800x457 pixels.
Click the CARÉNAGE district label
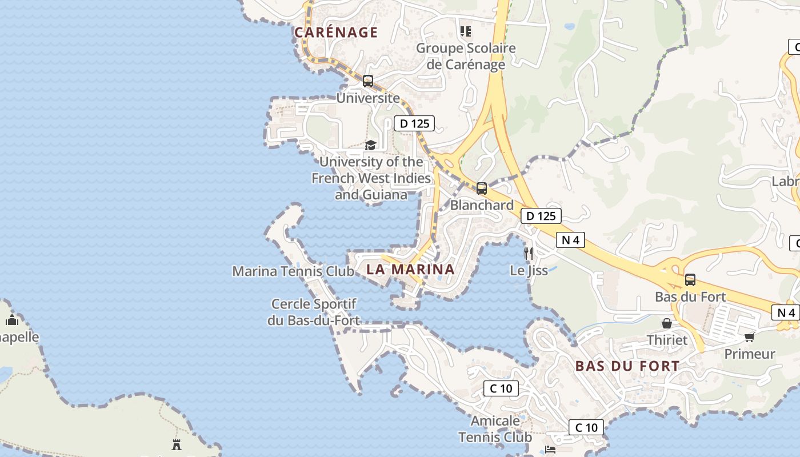pyautogui.click(x=336, y=33)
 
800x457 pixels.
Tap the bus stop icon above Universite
pyautogui.click(x=368, y=81)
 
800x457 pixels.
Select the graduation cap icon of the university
pyautogui.click(x=371, y=145)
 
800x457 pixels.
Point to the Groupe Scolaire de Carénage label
pyautogui.click(x=466, y=56)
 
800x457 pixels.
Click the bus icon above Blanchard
pyautogui.click(x=482, y=188)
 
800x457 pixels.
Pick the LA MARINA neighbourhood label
pyautogui.click(x=410, y=269)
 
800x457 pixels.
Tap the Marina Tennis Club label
pyautogui.click(x=293, y=271)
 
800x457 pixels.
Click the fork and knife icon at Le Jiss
pyautogui.click(x=529, y=253)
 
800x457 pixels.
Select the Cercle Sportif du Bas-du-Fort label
pyautogui.click(x=314, y=312)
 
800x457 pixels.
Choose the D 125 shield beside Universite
pyautogui.click(x=414, y=123)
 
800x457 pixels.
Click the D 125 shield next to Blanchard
pyautogui.click(x=541, y=216)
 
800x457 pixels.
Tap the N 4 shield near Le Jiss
pyautogui.click(x=570, y=240)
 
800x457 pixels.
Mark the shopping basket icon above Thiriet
pyautogui.click(x=666, y=323)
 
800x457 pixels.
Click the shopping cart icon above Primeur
pyautogui.click(x=750, y=337)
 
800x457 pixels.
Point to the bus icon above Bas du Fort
pyautogui.click(x=690, y=280)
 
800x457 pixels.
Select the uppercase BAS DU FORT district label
pyautogui.click(x=627, y=366)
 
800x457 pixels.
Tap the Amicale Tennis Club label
pyautogui.click(x=495, y=429)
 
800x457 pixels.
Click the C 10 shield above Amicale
pyautogui.click(x=501, y=388)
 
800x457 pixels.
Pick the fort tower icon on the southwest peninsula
pyautogui.click(x=177, y=444)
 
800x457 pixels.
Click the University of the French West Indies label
pyautogui.click(x=371, y=178)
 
